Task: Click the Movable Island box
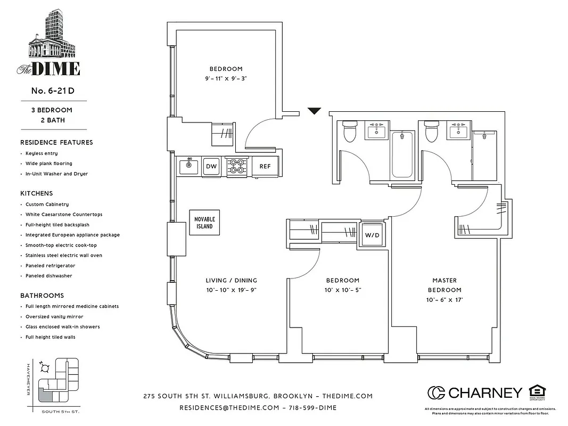[x=203, y=223]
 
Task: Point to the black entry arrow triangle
[x=315, y=111]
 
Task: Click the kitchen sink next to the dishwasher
[x=188, y=166]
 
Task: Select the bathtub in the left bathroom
[x=402, y=156]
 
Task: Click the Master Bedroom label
[x=444, y=285]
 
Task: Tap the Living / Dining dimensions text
[x=231, y=290]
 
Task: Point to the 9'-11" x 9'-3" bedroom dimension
[x=226, y=78]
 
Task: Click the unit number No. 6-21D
[x=53, y=91]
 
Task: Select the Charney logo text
[x=485, y=393]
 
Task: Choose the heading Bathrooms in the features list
[x=42, y=296]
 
